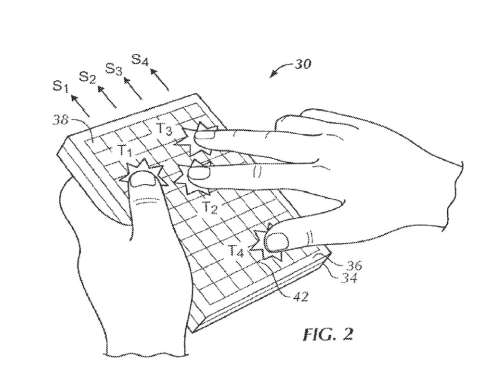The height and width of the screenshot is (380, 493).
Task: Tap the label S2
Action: pyautogui.click(x=87, y=76)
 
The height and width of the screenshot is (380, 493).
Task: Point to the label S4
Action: pyautogui.click(x=140, y=61)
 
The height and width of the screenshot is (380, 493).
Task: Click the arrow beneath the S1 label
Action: pyautogui.click(x=80, y=105)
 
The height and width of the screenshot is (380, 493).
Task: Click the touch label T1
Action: pyautogui.click(x=125, y=151)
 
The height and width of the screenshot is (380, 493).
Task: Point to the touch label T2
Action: pyautogui.click(x=209, y=208)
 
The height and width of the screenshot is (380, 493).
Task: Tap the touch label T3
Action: pyautogui.click(x=164, y=129)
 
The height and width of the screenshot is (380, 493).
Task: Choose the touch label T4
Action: pyautogui.click(x=236, y=251)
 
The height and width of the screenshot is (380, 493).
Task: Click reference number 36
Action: pyautogui.click(x=353, y=266)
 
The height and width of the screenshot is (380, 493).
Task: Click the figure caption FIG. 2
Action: pyautogui.click(x=327, y=334)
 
